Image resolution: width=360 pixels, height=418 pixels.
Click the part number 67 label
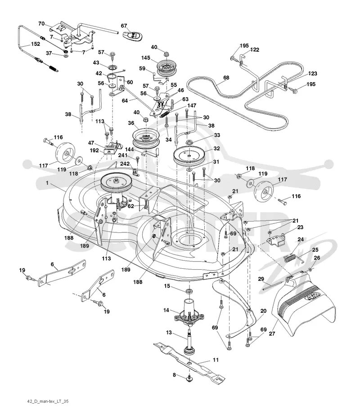point(124,26)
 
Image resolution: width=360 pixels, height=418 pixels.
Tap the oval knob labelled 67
point(133,36)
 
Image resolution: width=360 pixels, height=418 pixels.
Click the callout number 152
point(36,44)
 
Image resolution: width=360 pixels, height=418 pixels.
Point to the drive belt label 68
point(226,78)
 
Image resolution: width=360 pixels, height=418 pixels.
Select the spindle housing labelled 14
point(189,311)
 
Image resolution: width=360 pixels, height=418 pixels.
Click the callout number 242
point(125,164)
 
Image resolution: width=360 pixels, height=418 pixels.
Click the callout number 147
point(192,106)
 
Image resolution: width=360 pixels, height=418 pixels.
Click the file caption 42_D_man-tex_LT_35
point(48,401)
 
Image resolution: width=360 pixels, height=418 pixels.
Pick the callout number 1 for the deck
point(47,183)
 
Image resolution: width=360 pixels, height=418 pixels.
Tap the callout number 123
point(312,74)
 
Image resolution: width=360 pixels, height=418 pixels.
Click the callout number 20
point(263,311)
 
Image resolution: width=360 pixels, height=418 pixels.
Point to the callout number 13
point(169,333)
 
